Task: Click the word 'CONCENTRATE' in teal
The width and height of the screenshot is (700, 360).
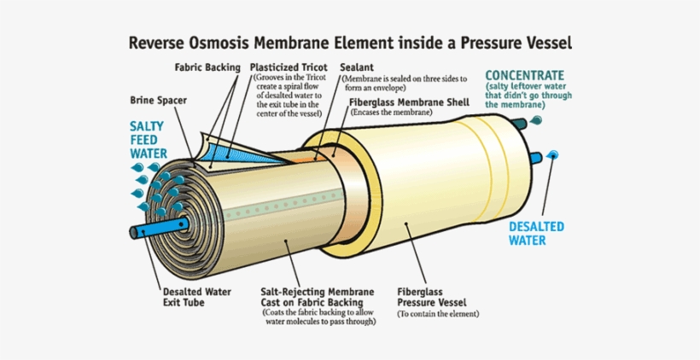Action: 525,74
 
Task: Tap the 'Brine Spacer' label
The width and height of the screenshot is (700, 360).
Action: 159,100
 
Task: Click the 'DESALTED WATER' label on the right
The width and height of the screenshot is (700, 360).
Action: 537,233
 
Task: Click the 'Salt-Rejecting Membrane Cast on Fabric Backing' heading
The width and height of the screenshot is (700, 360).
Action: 316,295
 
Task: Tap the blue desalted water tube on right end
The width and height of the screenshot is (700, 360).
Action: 534,156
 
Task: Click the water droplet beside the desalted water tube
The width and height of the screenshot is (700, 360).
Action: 554,154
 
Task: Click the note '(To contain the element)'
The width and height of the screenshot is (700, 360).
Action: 438,314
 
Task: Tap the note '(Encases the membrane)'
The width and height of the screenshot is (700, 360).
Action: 389,112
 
